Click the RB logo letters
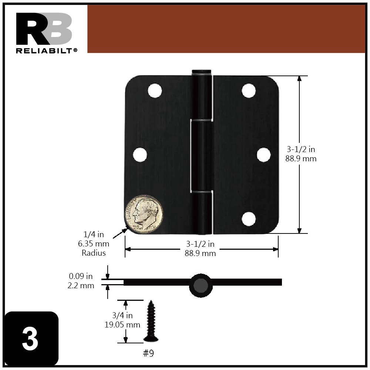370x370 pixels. point(44,28)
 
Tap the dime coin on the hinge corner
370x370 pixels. point(144,214)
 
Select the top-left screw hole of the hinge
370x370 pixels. point(155,91)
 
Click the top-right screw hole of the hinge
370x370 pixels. point(249,91)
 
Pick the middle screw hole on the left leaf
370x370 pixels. point(140,155)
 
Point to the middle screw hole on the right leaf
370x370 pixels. point(263,155)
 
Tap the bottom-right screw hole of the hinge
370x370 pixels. point(249,219)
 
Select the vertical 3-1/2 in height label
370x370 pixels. point(301,149)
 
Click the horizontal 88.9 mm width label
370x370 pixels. point(200,253)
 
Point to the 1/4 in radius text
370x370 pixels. point(93,235)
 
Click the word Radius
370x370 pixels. point(94,253)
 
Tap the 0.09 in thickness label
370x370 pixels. point(81,276)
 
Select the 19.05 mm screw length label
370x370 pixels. point(122,325)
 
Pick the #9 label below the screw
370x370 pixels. point(148,353)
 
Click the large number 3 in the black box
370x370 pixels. point(30,339)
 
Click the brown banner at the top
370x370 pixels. point(226,29)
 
